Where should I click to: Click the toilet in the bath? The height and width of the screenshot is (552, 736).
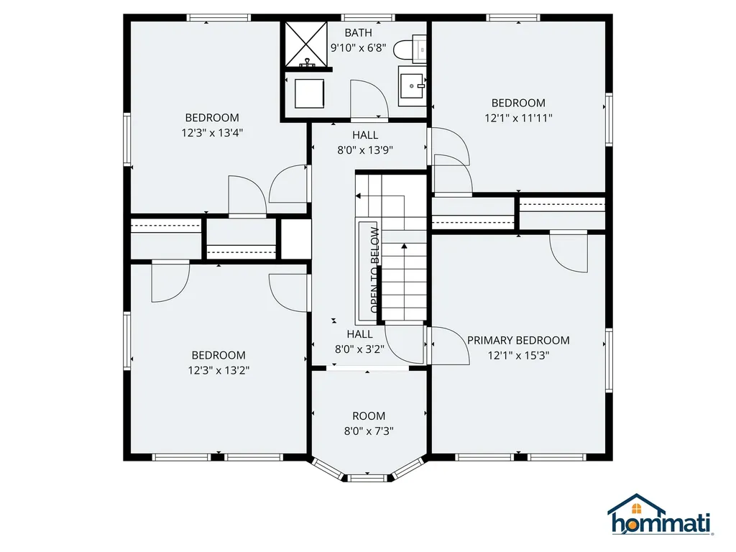click(410, 49)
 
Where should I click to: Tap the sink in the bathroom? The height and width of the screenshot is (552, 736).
click(412, 86)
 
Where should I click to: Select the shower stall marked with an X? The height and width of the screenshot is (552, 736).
click(306, 44)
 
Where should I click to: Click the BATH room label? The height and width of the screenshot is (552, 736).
click(358, 33)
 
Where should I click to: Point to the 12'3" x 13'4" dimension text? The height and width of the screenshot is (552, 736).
click(212, 133)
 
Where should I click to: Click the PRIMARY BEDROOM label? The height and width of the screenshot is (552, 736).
click(518, 340)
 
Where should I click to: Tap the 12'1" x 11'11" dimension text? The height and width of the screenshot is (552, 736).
click(518, 118)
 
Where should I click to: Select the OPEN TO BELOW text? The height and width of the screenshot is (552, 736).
click(374, 270)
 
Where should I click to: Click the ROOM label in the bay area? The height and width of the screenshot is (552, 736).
click(369, 416)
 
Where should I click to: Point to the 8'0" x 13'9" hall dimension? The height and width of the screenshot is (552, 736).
click(365, 150)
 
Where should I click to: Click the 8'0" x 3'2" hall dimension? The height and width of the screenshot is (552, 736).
click(359, 349)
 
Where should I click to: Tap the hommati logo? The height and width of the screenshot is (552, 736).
click(660, 515)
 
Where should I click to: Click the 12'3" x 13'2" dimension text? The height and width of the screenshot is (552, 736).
click(218, 370)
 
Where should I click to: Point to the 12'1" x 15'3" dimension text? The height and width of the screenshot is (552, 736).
click(518, 355)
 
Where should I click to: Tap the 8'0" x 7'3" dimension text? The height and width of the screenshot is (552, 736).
click(369, 431)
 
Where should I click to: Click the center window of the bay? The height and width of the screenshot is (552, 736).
click(367, 478)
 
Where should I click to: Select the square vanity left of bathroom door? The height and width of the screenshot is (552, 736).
click(309, 93)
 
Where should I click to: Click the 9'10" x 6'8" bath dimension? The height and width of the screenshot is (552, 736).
click(358, 48)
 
